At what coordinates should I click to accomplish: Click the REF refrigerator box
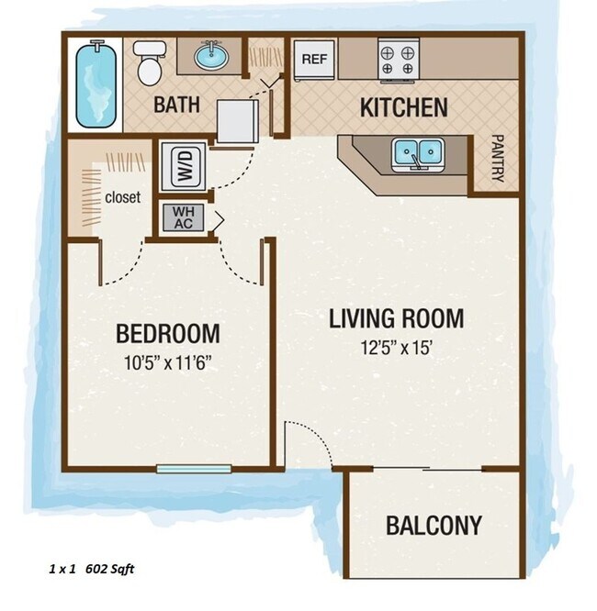tap(312, 59)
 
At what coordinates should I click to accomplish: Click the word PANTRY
tap(498, 160)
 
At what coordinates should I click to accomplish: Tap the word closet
tap(122, 197)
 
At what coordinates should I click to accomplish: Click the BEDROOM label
tap(168, 332)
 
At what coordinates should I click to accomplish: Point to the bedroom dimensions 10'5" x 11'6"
tap(169, 361)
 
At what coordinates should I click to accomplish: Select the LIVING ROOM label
tap(396, 319)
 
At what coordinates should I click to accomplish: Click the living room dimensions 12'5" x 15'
tap(397, 348)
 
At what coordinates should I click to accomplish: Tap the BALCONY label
tap(434, 526)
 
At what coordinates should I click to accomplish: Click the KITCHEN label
tap(403, 107)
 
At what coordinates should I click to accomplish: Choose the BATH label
tap(176, 105)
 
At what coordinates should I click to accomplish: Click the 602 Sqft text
tap(109, 569)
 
